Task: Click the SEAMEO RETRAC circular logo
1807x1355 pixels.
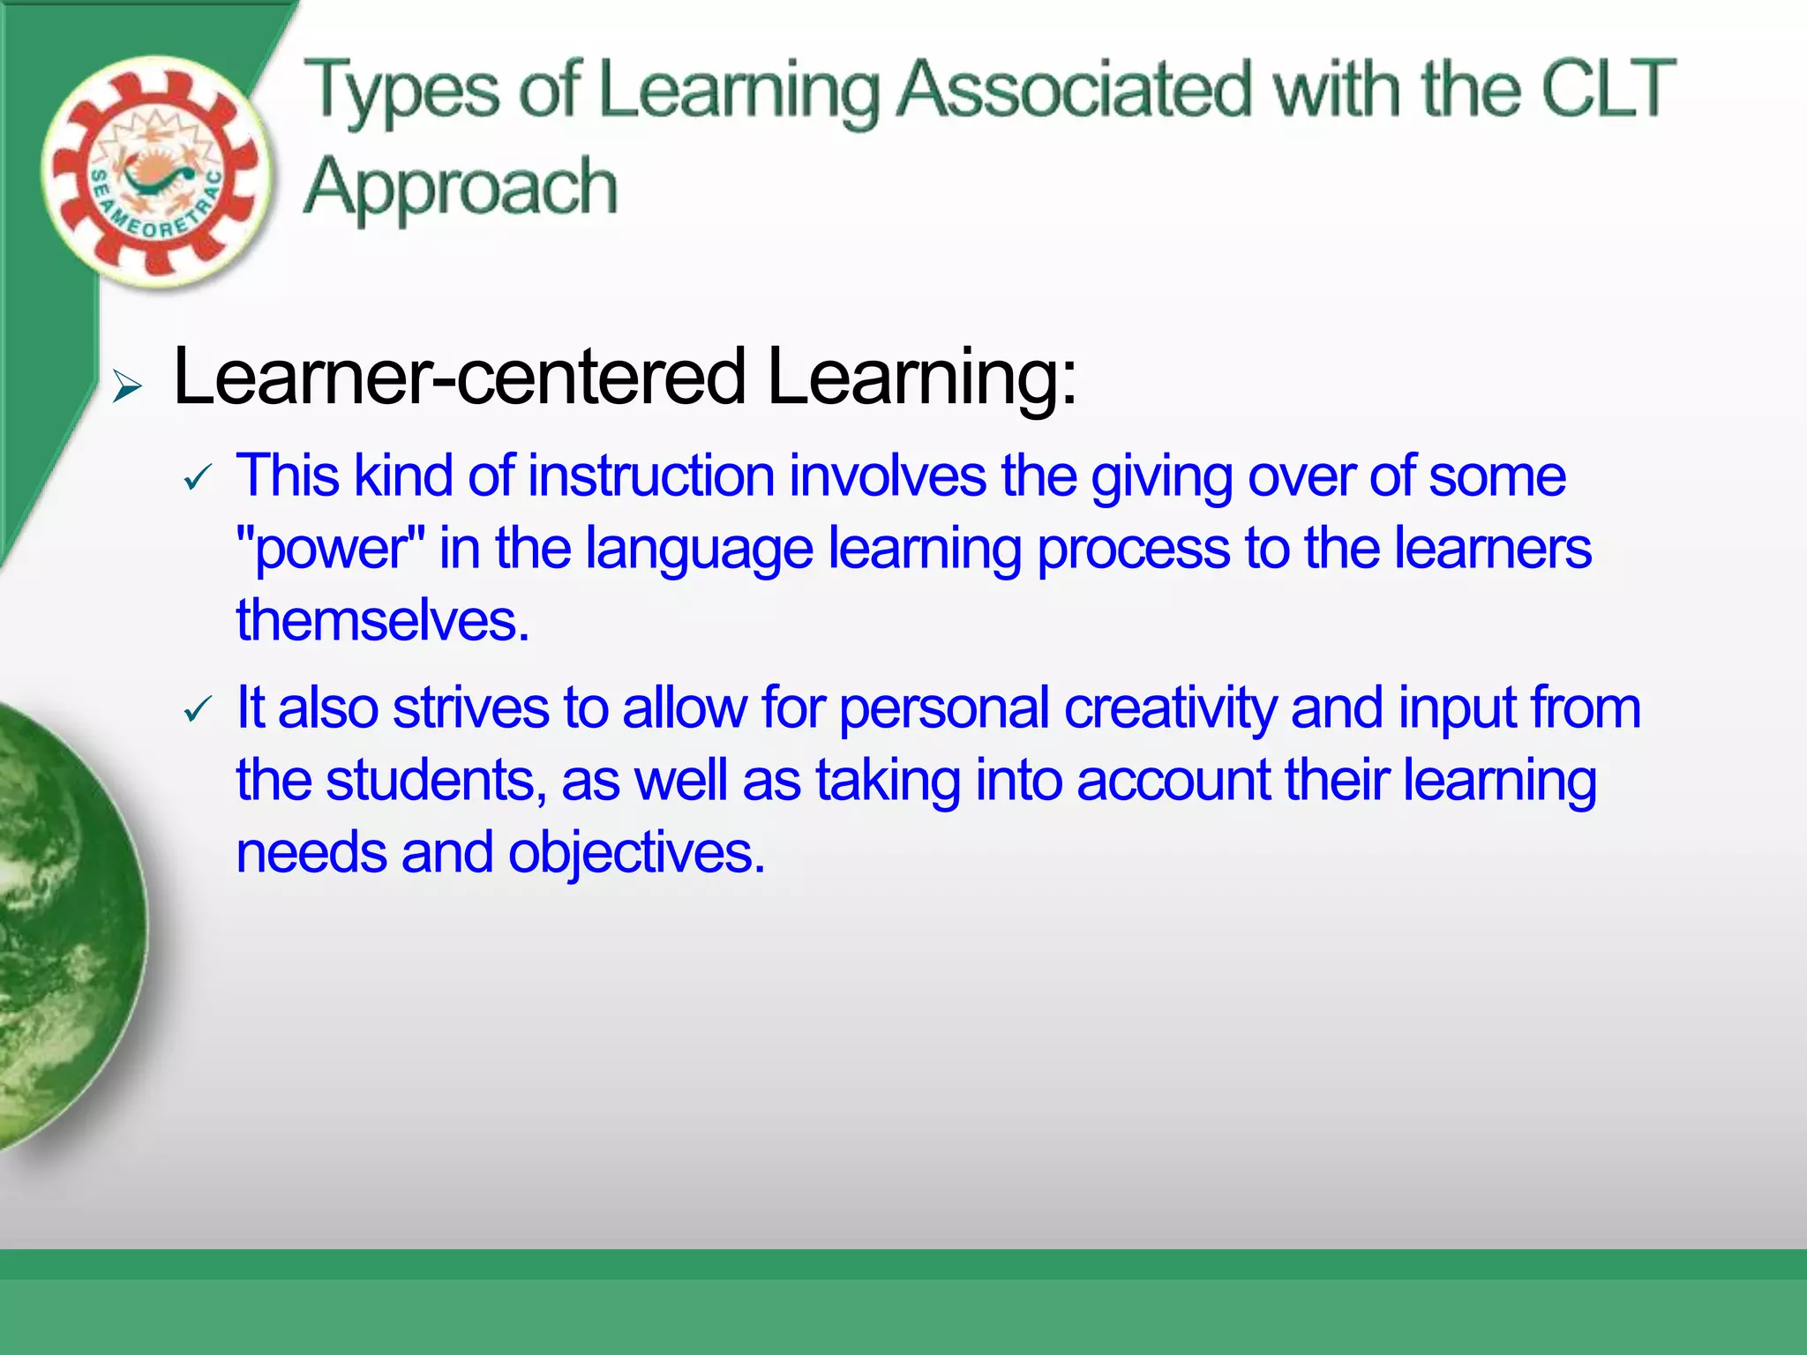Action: coord(155,172)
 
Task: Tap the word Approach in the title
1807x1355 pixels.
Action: coord(460,187)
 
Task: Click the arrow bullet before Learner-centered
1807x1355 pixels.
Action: coord(127,386)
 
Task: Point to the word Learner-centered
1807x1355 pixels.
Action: coord(459,377)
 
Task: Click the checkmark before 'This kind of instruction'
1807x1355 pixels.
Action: coord(198,479)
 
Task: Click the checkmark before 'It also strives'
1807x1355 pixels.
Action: coord(198,709)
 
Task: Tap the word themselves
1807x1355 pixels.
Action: coord(382,620)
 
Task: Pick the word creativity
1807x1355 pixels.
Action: coord(1170,708)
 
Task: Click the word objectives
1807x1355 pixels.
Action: coord(635,853)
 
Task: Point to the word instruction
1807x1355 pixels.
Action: coord(650,476)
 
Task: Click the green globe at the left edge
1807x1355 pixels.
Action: coord(62,926)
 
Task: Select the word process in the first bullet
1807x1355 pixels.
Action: coord(1133,549)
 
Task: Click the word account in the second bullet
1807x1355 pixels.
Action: coord(1173,781)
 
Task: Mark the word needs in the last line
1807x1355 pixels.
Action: coord(311,853)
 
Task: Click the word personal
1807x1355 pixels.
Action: coord(943,708)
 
